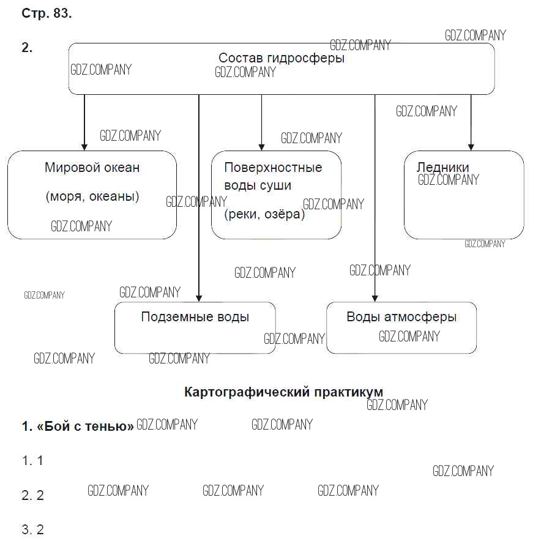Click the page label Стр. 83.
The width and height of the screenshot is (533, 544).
(x=47, y=13)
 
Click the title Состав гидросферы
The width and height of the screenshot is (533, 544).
(x=281, y=58)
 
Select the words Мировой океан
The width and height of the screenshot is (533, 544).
(x=92, y=168)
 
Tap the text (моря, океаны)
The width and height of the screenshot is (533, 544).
(x=92, y=196)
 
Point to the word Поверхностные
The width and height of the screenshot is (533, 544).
(x=273, y=168)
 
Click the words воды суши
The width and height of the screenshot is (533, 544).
(x=258, y=185)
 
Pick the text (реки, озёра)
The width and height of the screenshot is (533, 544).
(x=264, y=214)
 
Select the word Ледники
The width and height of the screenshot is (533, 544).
(x=442, y=168)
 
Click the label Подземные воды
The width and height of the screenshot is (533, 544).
(x=195, y=317)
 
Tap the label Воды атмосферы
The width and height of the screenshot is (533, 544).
(x=401, y=317)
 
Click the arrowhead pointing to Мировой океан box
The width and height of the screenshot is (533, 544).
(x=84, y=146)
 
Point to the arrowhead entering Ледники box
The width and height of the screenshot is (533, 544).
(x=470, y=146)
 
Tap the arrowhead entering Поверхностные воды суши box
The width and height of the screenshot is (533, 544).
(x=261, y=146)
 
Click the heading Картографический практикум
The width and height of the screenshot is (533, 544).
(x=283, y=392)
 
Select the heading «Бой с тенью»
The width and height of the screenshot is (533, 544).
(x=78, y=427)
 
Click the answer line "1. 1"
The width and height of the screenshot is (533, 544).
(x=32, y=461)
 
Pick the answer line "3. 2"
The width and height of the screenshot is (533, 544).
(x=32, y=529)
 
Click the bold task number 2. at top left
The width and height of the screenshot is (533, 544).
(x=27, y=48)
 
